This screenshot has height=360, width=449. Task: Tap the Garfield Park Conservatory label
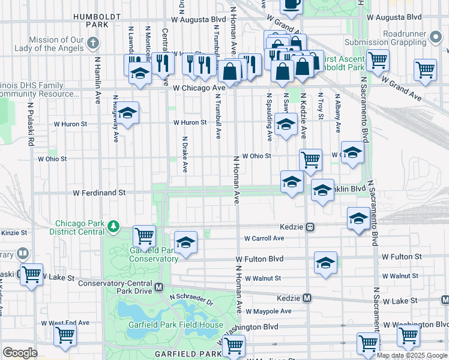[154, 254]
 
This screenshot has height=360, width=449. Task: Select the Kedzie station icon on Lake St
[307, 298]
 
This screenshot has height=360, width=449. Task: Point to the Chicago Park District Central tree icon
[113, 226]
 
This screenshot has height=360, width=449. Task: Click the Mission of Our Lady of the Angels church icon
[92, 43]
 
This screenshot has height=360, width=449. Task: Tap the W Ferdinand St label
[99, 193]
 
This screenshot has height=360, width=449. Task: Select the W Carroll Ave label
[264, 238]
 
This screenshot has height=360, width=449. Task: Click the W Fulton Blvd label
[260, 259]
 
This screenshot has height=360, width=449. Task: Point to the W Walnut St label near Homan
[263, 278]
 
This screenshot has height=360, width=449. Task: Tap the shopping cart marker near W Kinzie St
[144, 235]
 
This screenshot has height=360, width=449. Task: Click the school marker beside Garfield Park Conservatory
[186, 242]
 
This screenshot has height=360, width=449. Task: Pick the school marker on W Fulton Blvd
[325, 262]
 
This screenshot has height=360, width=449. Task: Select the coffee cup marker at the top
[292, 5]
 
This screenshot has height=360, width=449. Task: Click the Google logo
[20, 353]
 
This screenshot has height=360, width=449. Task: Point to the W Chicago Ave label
[199, 88]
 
